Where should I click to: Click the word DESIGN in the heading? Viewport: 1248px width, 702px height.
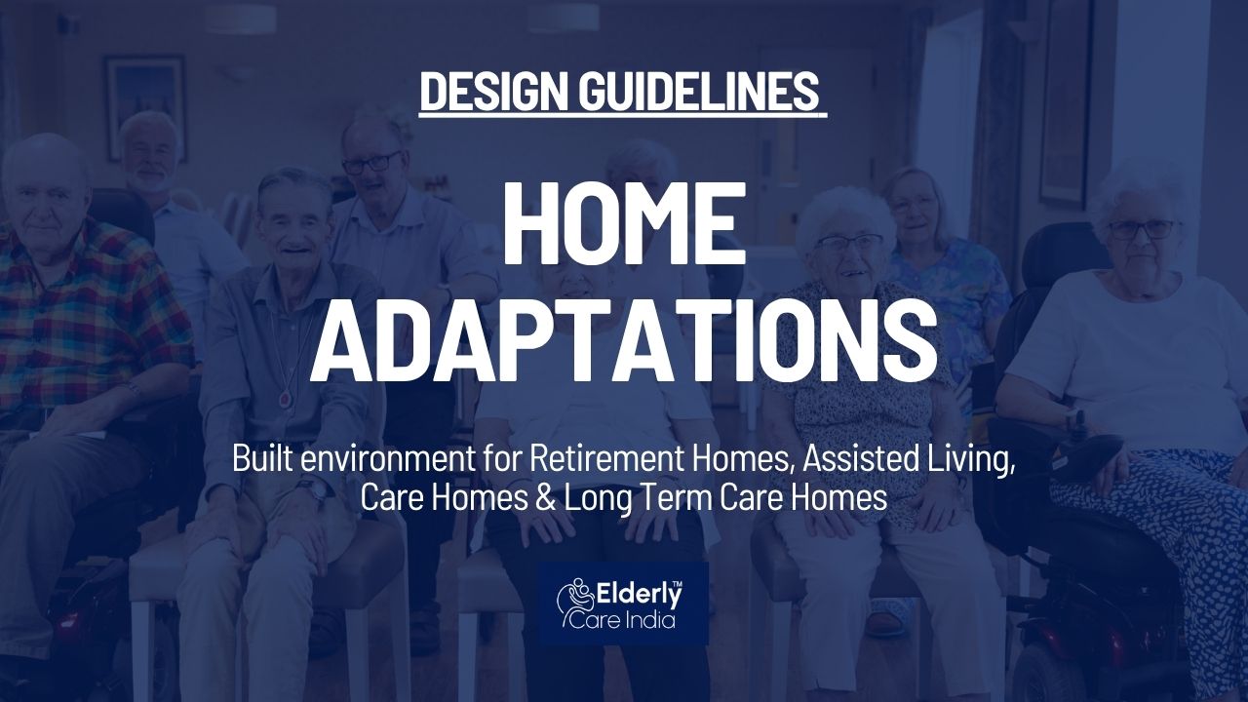[x=494, y=92]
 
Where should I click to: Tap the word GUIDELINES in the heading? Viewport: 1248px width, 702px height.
[x=699, y=92]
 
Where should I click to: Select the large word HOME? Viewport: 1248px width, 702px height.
[x=625, y=224]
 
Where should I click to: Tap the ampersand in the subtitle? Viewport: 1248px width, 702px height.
[x=545, y=498]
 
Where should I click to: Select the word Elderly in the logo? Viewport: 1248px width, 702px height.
[x=639, y=597]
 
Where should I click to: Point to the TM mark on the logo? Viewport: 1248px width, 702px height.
[x=678, y=583]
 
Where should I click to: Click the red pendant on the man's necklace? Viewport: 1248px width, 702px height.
[x=286, y=399]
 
